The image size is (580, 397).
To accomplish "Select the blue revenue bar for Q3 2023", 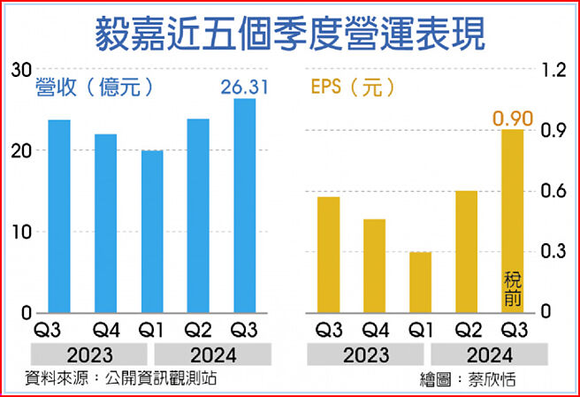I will pyautogui.click(x=59, y=217).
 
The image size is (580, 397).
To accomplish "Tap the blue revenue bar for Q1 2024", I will pyautogui.click(x=153, y=232).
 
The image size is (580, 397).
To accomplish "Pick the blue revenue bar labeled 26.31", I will pyautogui.click(x=245, y=205).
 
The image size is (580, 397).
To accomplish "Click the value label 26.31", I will pyautogui.click(x=243, y=87).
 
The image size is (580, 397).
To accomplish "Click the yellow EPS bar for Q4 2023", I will pyautogui.click(x=375, y=265).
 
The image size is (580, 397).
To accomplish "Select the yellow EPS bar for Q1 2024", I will pyautogui.click(x=421, y=282).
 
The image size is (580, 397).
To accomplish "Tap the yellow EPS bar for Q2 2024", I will pyautogui.click(x=467, y=251).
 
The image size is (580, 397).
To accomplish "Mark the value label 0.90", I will pyautogui.click(x=513, y=118).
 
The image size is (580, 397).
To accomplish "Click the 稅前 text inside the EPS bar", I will pyautogui.click(x=513, y=289).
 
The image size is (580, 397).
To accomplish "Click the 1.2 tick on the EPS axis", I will pyautogui.click(x=553, y=70).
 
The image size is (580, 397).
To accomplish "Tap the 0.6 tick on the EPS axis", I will pyautogui.click(x=553, y=191).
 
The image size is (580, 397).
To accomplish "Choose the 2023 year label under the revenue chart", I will pyautogui.click(x=82, y=355).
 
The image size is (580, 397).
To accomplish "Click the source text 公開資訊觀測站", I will pyautogui.click(x=168, y=378).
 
